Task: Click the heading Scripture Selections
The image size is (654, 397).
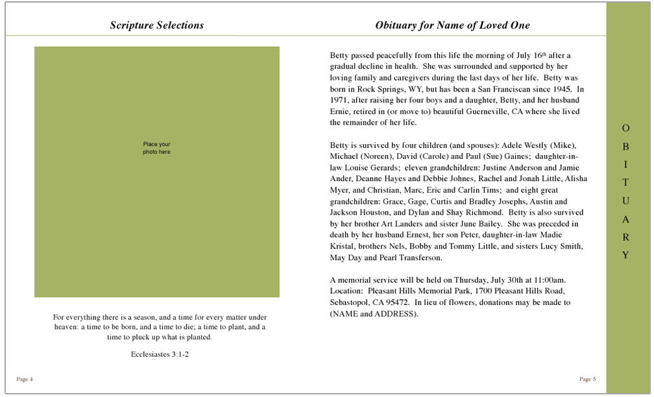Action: [x=156, y=25]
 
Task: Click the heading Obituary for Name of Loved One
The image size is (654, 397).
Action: [x=452, y=25]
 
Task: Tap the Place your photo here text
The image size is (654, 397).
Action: [x=156, y=148]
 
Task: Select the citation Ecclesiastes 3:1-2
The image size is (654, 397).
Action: [x=160, y=354]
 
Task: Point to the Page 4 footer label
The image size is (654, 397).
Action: [x=25, y=379]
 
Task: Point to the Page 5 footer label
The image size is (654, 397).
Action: [x=587, y=379]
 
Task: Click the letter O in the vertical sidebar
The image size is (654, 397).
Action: [x=625, y=128]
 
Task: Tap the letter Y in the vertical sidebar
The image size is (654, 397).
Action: [x=625, y=256]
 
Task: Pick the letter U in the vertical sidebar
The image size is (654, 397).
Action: [x=625, y=201]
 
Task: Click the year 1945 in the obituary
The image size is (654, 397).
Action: [x=563, y=89]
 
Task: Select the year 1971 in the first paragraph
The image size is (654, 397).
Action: [x=339, y=101]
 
